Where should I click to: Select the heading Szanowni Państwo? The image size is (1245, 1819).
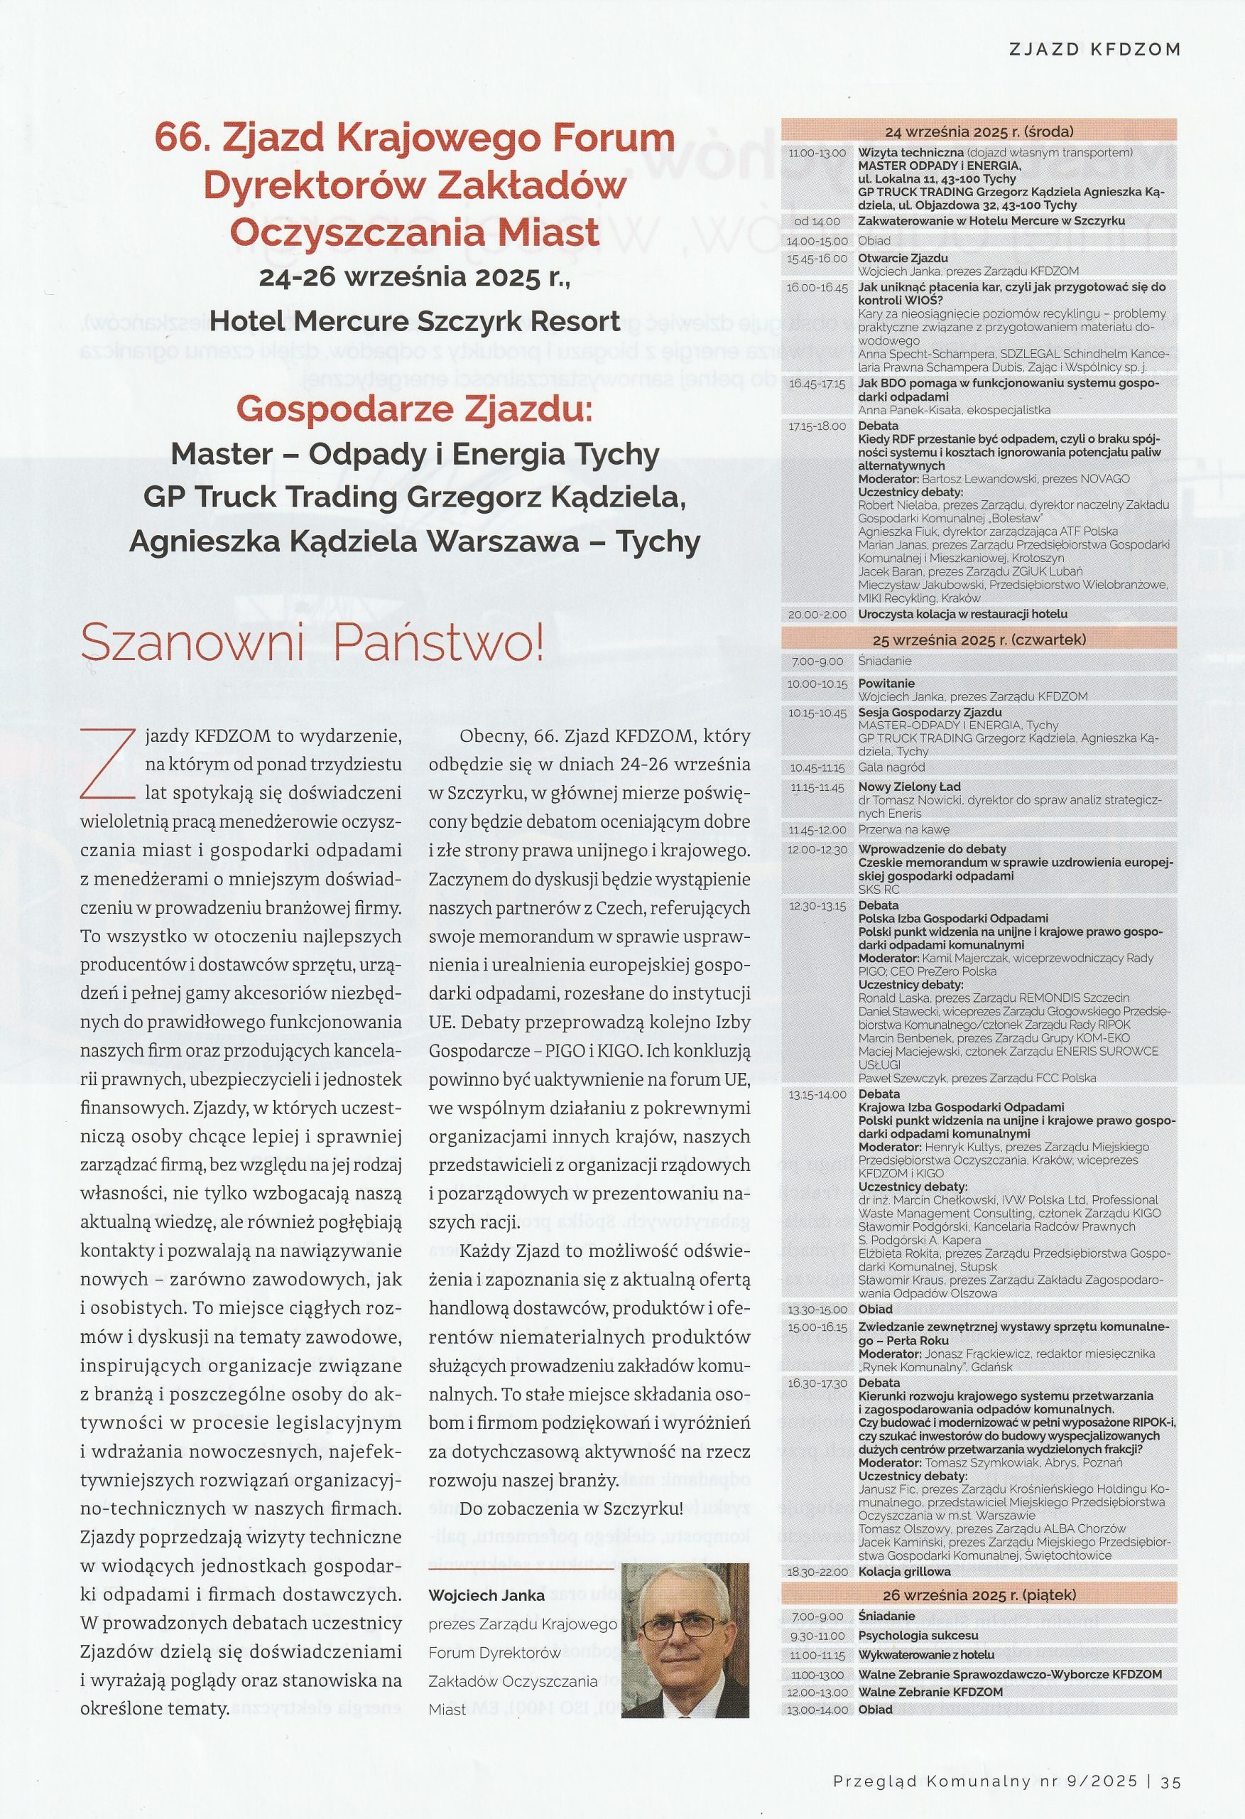312,643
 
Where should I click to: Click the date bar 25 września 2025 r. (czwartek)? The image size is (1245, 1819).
978,639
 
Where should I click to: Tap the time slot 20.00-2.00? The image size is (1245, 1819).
817,615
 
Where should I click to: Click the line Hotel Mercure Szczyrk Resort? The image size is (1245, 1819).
415,320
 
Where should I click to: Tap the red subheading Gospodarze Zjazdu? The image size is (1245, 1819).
415,409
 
